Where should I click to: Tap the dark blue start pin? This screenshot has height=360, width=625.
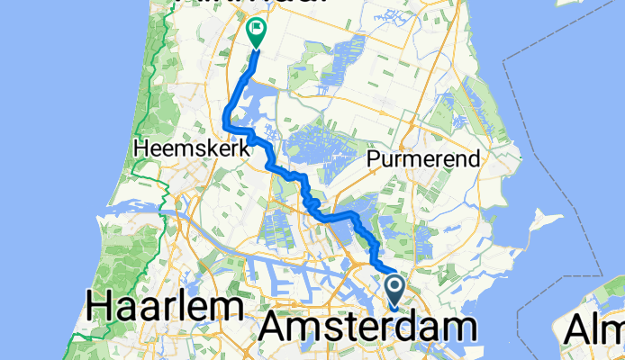click(395, 290)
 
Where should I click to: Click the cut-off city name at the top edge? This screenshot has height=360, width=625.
click(270, 4)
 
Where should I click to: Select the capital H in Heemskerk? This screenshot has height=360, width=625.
click(138, 150)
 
